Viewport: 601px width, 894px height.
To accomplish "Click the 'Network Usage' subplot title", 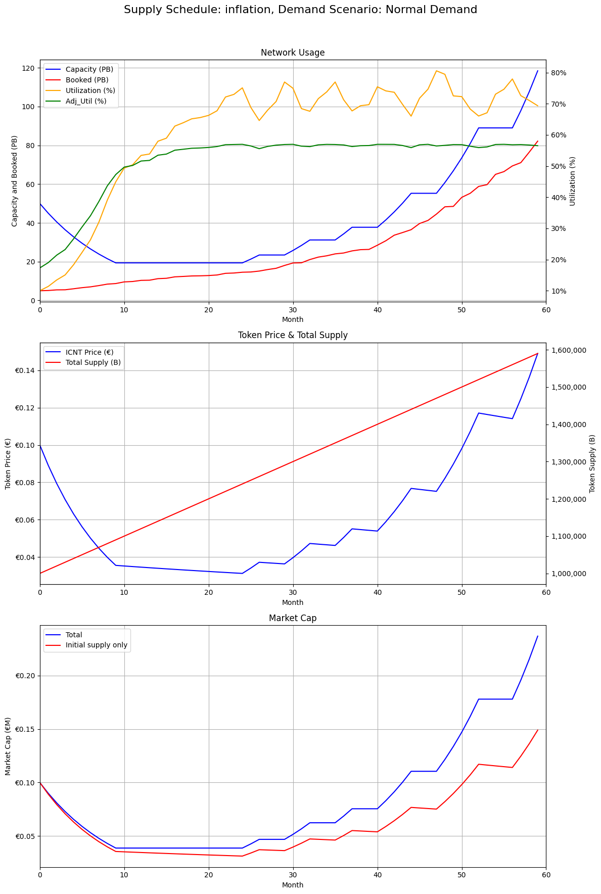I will pos(293,53).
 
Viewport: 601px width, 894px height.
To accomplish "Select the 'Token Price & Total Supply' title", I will pos(293,335).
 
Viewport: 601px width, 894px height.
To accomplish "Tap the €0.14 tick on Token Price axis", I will pos(24,371).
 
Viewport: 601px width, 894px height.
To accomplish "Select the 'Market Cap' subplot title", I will pos(293,618).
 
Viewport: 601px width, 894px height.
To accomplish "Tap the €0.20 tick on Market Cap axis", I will pos(24,676).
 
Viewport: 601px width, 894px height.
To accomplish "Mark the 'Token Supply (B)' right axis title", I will pos(592,463).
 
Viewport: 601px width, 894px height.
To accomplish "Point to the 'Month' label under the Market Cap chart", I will pos(293,885).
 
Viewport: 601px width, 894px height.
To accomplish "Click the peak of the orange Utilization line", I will pos(436,71).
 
